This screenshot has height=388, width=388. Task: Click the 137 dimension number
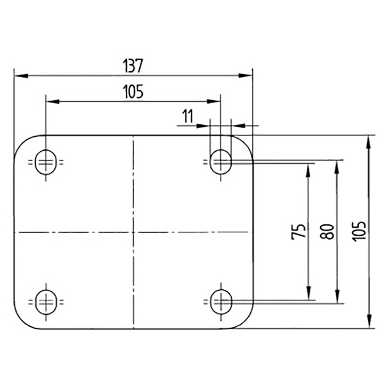[133, 66]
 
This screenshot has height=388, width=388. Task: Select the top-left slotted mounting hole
[46, 162]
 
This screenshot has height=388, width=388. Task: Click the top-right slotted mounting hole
[221, 162]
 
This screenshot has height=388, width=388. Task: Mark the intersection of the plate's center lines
[133, 232]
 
